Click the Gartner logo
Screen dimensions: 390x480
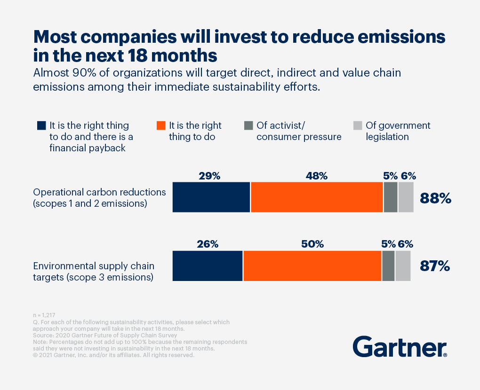coord(400,346)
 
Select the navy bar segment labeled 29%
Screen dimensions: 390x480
coord(211,197)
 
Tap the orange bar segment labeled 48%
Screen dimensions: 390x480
coord(317,197)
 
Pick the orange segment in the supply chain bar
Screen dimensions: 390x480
coord(312,266)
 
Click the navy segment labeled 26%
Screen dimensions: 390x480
coord(208,266)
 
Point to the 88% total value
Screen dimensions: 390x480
coord(435,198)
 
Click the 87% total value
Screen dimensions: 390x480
coord(434,266)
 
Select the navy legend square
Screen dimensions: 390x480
coord(41,126)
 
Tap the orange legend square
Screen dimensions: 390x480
coord(161,126)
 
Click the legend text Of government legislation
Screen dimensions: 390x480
coord(398,131)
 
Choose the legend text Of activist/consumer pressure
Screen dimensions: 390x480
coord(299,131)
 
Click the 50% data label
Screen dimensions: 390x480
coord(312,244)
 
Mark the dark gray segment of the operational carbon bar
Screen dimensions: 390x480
coord(390,197)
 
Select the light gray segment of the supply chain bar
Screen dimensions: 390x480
coord(403,266)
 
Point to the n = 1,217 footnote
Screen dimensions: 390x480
coord(45,315)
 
